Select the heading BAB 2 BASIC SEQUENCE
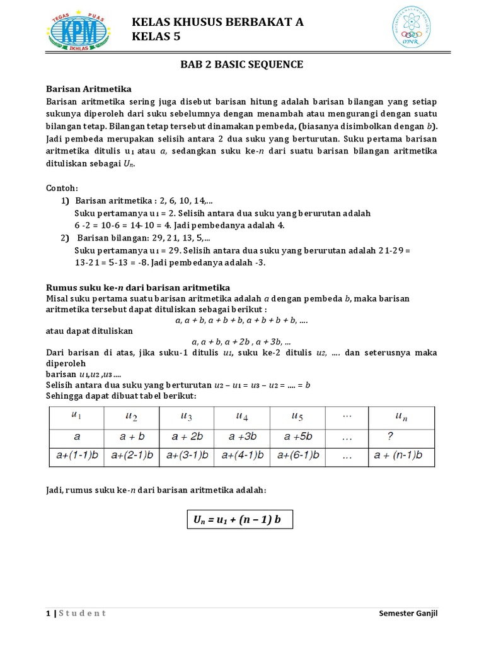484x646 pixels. (x=242, y=64)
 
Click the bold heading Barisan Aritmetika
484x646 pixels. (x=89, y=88)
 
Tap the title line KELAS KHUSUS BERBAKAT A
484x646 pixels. (x=217, y=22)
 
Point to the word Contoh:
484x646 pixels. (x=62, y=188)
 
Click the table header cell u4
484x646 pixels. (x=241, y=416)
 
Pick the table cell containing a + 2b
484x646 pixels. (x=187, y=437)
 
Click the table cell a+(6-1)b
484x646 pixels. (x=297, y=455)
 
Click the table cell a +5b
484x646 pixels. (x=297, y=437)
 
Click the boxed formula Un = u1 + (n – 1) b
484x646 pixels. (x=239, y=520)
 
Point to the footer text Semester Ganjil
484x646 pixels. (x=408, y=613)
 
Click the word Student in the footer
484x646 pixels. (x=82, y=613)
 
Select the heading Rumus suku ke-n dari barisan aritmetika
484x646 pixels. (x=139, y=287)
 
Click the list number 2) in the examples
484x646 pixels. (x=66, y=238)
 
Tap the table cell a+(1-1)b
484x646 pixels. (x=77, y=455)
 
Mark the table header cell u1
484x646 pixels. (x=77, y=416)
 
